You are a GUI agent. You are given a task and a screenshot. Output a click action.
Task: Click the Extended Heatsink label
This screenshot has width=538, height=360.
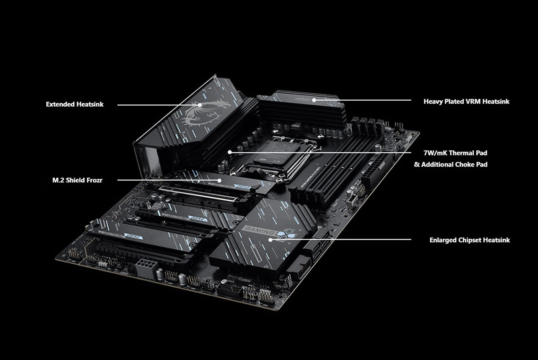[75, 104]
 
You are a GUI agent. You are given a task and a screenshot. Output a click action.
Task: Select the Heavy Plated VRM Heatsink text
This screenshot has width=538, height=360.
[466, 101]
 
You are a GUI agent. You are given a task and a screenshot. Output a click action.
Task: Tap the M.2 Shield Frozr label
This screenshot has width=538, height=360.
[77, 180]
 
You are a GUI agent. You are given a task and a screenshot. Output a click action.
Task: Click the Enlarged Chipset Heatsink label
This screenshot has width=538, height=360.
[470, 240]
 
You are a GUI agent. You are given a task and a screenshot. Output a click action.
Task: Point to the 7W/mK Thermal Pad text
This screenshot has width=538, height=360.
[455, 153]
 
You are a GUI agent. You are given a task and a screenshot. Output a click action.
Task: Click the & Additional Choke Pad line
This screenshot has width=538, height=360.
[450, 164]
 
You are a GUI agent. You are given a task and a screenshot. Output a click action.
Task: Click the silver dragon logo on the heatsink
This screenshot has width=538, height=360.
[198, 113]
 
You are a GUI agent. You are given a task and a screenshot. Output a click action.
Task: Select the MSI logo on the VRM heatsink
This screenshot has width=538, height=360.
[300, 99]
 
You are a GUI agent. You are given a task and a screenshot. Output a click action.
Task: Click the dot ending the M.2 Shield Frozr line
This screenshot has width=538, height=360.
[220, 180]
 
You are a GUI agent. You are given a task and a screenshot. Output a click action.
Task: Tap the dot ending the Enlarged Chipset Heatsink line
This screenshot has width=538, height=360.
[270, 240]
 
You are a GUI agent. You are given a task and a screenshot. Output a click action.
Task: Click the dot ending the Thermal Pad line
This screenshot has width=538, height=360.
[230, 152]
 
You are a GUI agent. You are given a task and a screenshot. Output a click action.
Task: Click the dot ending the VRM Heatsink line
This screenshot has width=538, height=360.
[314, 100]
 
